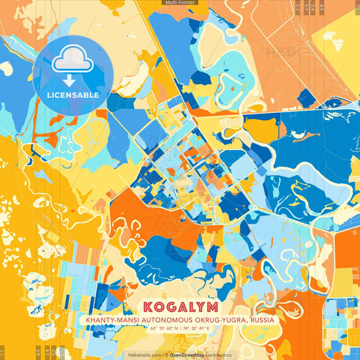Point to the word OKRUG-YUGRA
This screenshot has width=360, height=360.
pyautogui.click(x=217, y=319)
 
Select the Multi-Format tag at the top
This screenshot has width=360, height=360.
pyautogui.click(x=180, y=3)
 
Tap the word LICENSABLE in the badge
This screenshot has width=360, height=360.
pyautogui.click(x=73, y=95)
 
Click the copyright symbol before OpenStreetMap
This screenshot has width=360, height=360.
pyautogui.click(x=166, y=355)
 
